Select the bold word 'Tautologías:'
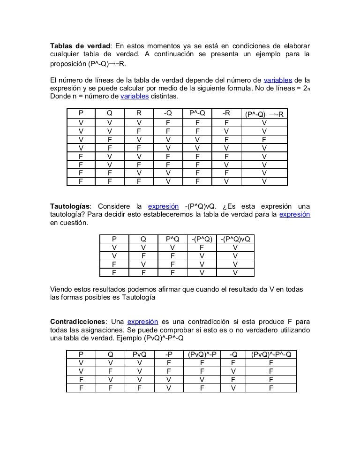[70, 206]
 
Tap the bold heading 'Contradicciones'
[77, 321]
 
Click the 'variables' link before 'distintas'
[135, 96]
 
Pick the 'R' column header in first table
[139, 113]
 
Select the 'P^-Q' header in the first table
[197, 113]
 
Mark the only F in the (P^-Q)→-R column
[264, 139]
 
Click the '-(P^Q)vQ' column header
[235, 239]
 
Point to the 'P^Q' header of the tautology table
[172, 239]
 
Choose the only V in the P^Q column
[172, 247]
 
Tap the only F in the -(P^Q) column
[202, 247]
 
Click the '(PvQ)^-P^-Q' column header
[271, 354]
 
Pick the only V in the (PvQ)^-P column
[202, 379]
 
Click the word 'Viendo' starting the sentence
[62, 289]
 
